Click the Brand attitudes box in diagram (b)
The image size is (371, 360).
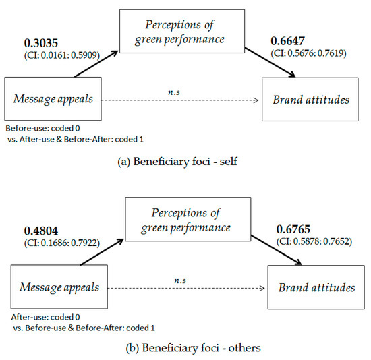coord(316,288)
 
